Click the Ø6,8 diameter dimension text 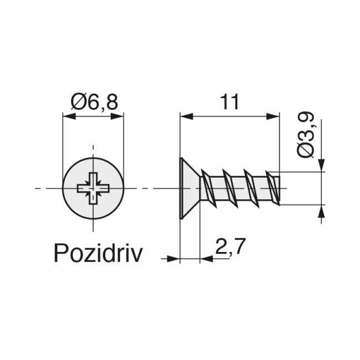94,102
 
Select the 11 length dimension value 229,102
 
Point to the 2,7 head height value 230,246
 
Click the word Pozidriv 98,254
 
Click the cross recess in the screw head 93,189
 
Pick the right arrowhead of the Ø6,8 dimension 118,116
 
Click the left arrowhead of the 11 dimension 186,116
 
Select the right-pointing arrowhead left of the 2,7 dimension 174,258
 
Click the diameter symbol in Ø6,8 78,102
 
